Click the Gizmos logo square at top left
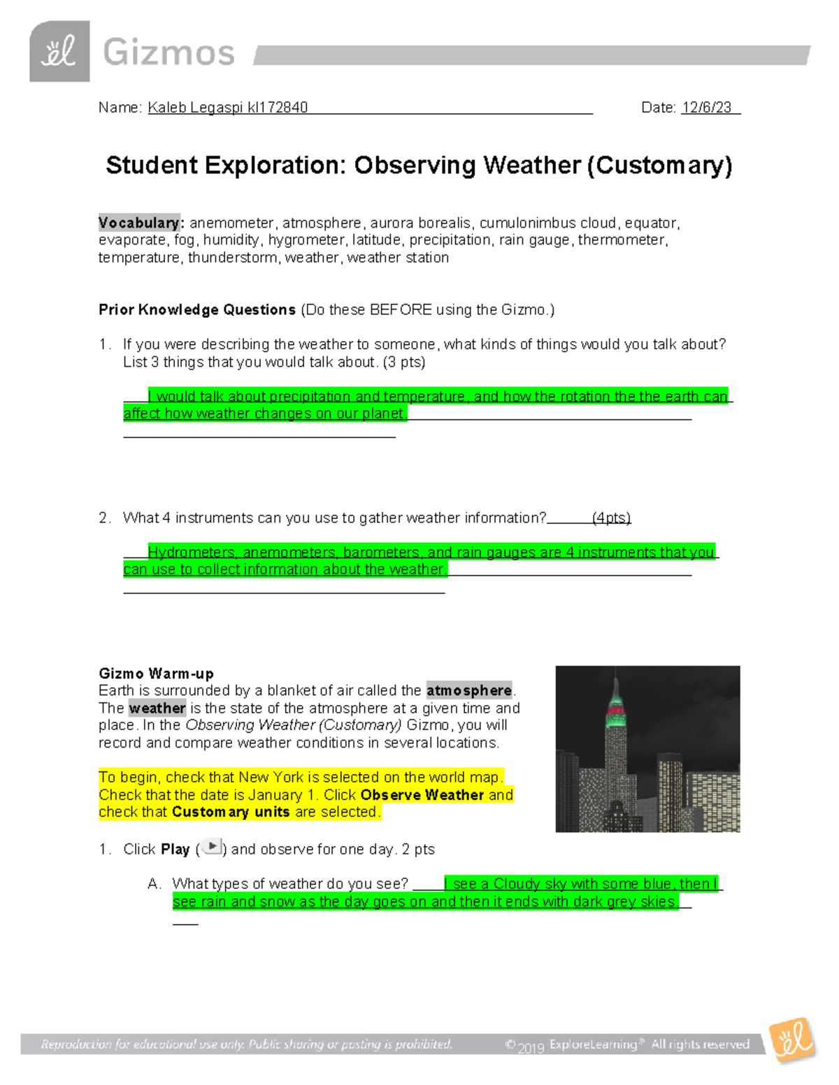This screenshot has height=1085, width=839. (x=59, y=52)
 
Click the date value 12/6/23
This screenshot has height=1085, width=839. (x=707, y=108)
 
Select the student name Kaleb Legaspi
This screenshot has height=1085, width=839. (x=195, y=108)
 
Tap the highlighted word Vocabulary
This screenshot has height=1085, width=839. (x=138, y=223)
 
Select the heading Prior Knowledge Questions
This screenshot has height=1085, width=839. (x=197, y=310)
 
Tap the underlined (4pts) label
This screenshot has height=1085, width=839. (x=611, y=518)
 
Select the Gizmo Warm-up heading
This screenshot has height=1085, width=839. (x=156, y=673)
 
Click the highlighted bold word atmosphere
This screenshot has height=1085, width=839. (x=469, y=691)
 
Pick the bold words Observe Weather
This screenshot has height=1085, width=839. (x=422, y=795)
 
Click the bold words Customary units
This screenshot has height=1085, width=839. (x=231, y=812)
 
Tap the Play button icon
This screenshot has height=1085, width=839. (x=212, y=847)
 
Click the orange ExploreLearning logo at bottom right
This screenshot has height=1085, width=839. (x=792, y=1040)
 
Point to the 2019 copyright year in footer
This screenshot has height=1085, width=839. (x=531, y=1047)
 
